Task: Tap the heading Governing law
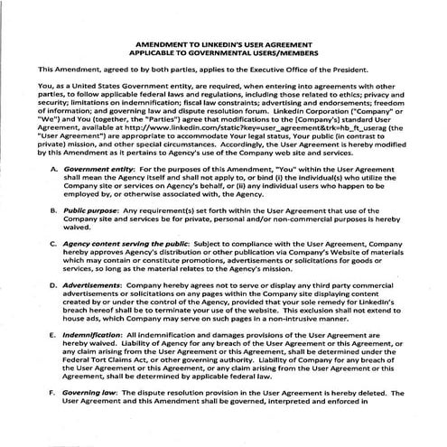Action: coord(89,392)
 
